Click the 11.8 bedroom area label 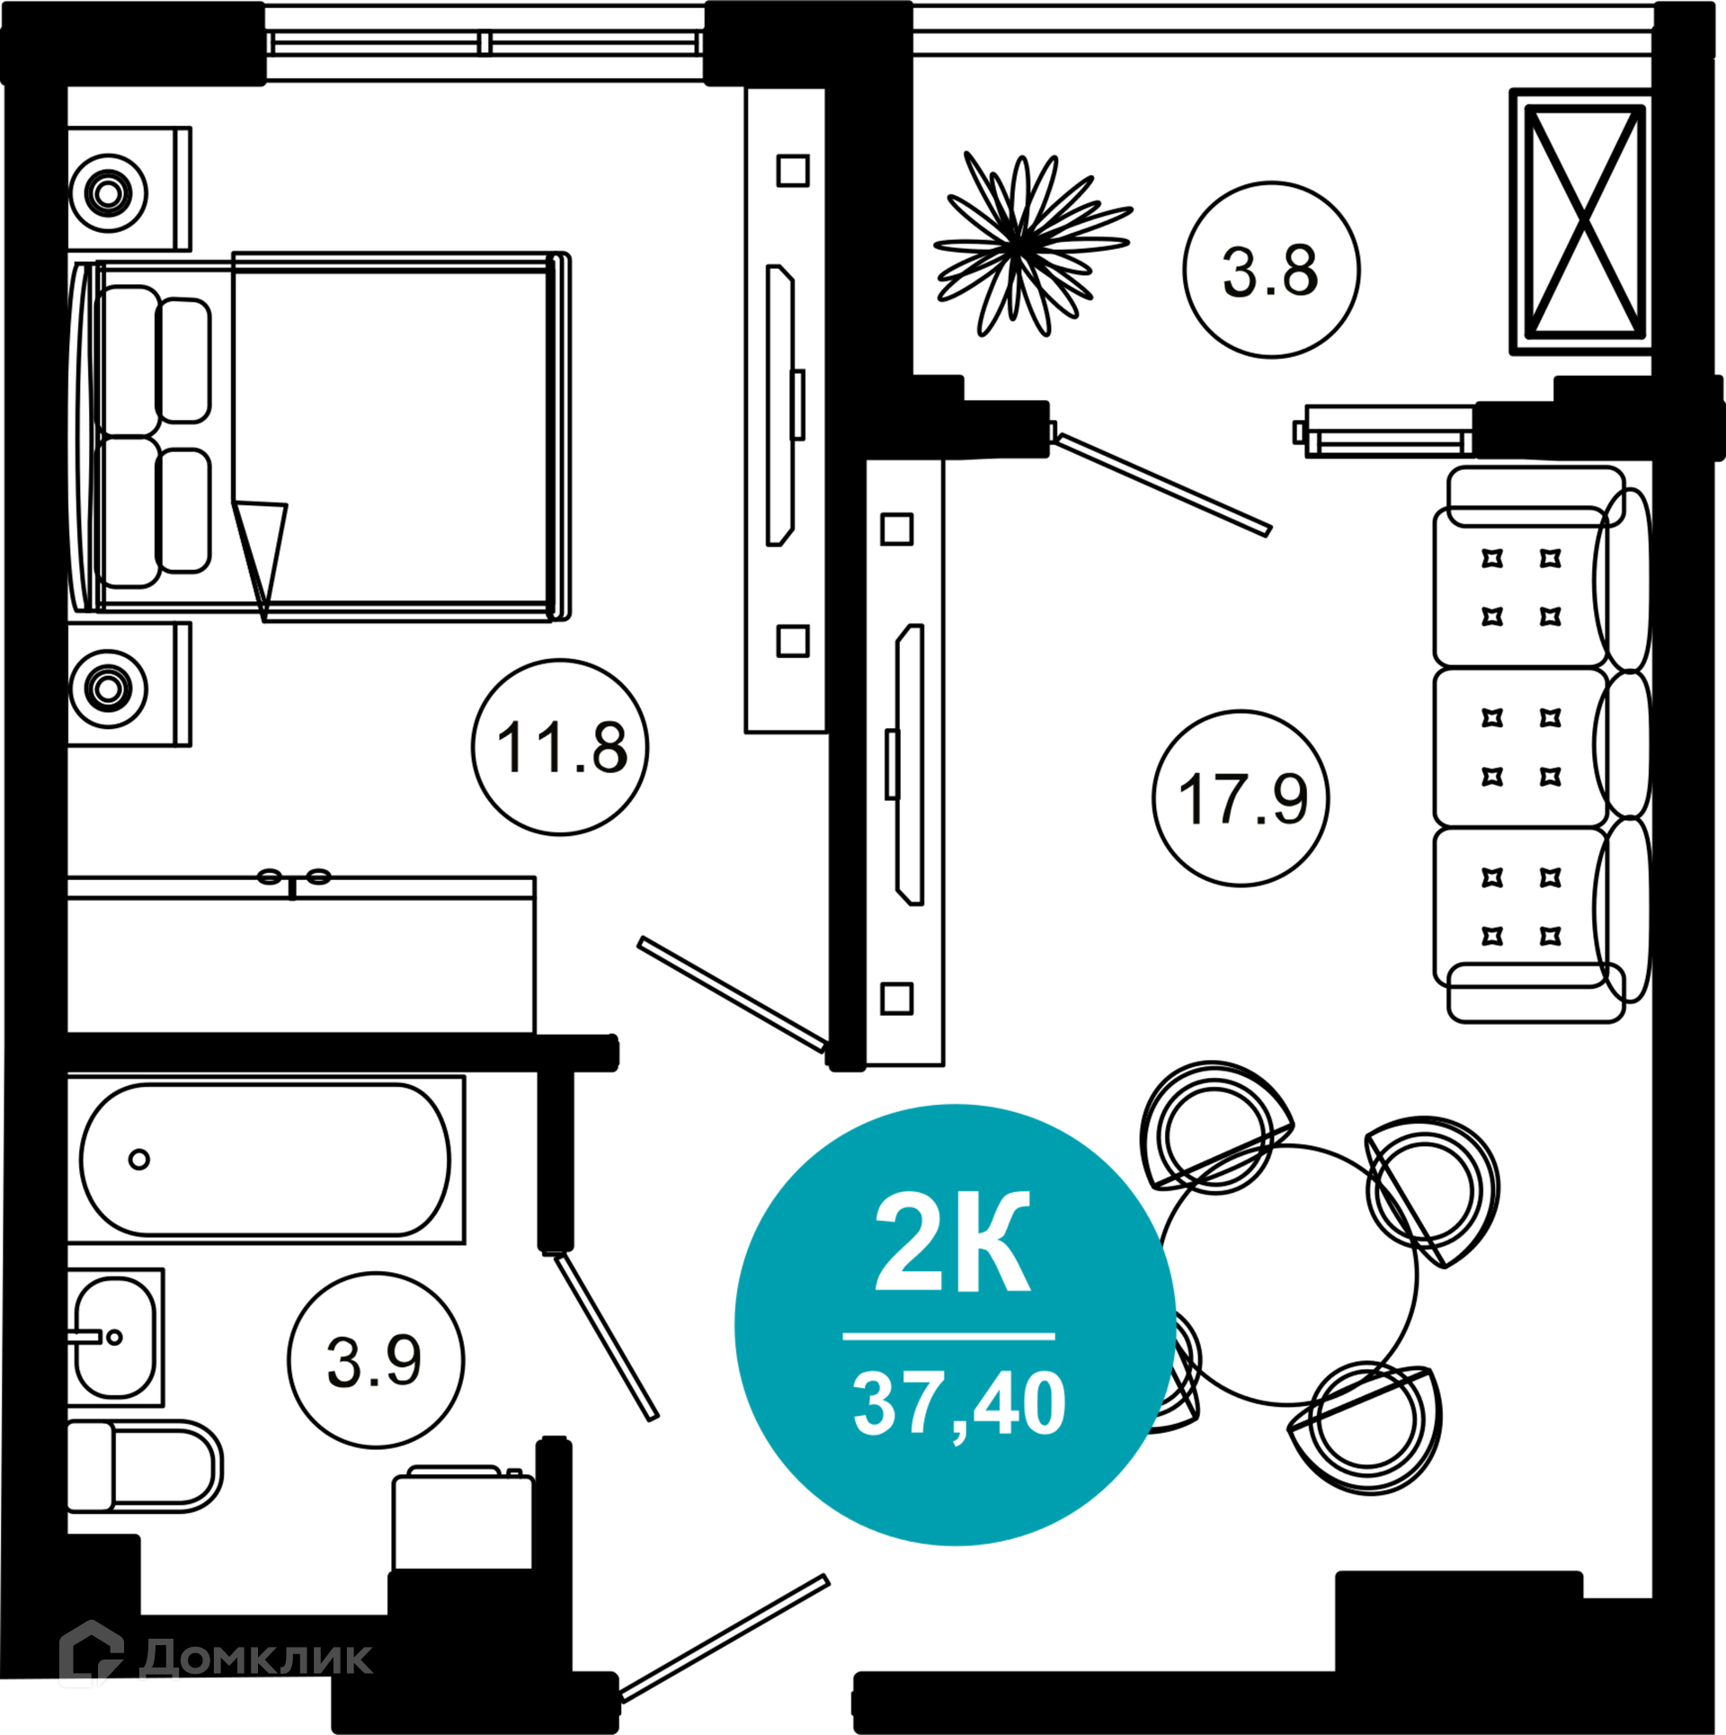562,747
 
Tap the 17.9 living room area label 1242,798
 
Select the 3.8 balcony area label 1270,271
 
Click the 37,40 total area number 959,1406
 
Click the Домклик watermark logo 216,1657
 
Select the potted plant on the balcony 1032,244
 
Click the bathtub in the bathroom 266,1160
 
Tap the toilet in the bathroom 145,1466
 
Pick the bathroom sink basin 115,1338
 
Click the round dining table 1288,1275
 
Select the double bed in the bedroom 319,437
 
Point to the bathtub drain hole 139,1160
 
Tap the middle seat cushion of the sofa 1521,747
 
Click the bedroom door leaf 733,994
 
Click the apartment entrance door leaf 725,1639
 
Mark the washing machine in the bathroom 463,1520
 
